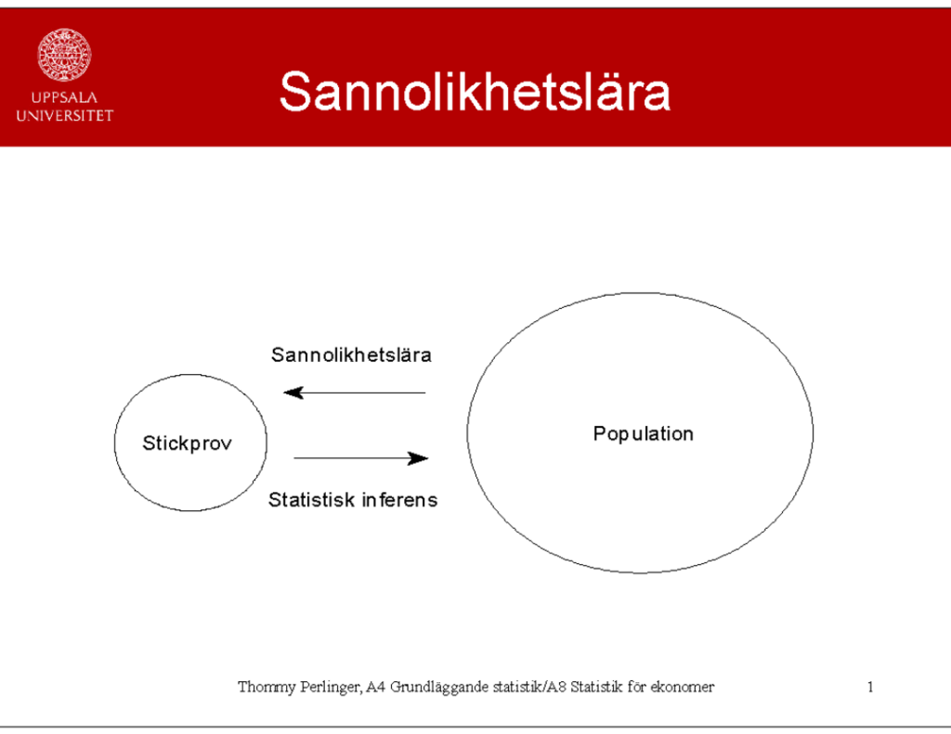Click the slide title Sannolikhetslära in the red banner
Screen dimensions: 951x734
[475, 91]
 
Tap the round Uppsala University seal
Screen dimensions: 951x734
[64, 55]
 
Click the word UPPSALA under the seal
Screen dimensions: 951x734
[64, 97]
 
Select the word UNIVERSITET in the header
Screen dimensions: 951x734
[64, 116]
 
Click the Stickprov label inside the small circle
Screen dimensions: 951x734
[187, 444]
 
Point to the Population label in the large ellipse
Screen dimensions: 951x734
[643, 434]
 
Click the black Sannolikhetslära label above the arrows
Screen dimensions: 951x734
[351, 354]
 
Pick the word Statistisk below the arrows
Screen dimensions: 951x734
[311, 499]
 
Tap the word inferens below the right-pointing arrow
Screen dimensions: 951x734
[399, 499]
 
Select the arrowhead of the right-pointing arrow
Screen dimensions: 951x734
[419, 458]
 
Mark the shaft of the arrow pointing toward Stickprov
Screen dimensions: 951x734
[354, 393]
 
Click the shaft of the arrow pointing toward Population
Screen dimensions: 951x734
[361, 458]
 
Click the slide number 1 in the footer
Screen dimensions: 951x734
[870, 687]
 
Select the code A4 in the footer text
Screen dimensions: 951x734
[376, 687]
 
